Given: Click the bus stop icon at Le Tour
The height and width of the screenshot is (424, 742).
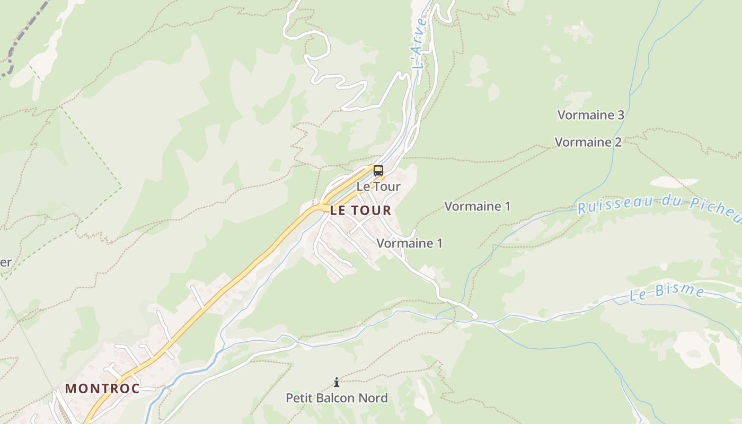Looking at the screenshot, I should click(378, 171).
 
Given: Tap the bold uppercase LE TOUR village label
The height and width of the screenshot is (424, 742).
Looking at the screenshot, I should click(360, 210).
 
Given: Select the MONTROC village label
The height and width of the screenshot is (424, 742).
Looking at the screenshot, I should click(102, 388).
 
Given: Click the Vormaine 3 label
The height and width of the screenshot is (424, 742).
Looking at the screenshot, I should click(590, 115).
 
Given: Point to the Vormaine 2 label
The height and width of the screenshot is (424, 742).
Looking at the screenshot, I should click(588, 142).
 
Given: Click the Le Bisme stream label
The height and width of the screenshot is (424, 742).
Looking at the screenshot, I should click(667, 293).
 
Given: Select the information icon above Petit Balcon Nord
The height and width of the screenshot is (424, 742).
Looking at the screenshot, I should click(336, 382).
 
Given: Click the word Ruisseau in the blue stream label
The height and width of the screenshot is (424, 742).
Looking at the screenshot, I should click(614, 204).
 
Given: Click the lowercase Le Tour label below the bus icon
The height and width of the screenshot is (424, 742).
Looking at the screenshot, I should click(378, 187).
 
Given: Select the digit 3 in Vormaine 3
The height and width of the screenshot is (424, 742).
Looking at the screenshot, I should click(621, 115).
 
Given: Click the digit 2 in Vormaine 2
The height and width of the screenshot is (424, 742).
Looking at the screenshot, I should click(618, 142).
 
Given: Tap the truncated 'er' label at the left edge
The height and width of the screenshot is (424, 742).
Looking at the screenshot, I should click(5, 262).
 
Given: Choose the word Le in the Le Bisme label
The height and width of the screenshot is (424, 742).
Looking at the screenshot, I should click(638, 296).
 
